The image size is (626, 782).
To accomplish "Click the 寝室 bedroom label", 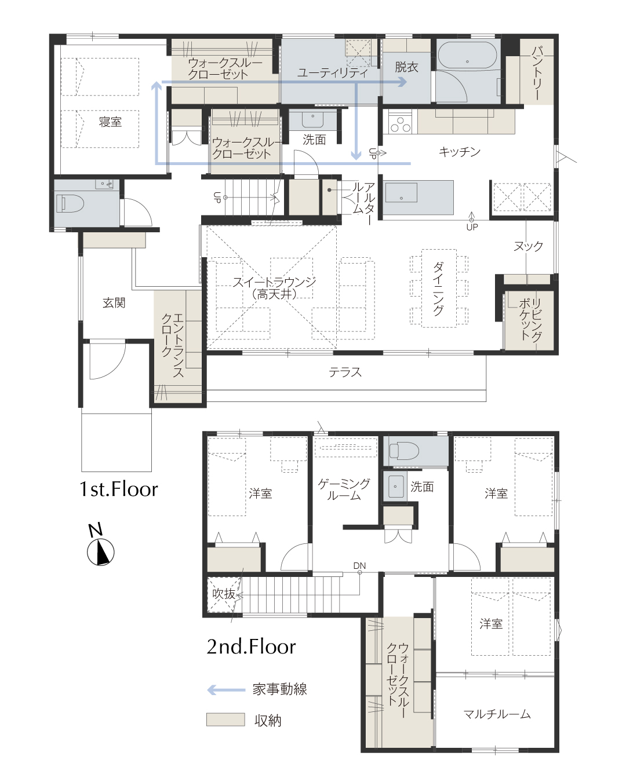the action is tap(110, 122).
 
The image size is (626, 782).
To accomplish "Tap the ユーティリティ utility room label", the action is tap(333, 72).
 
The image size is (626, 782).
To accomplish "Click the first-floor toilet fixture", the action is tap(70, 203).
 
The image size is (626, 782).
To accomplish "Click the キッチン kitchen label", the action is tap(460, 151).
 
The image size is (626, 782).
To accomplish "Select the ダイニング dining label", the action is tap(438, 289).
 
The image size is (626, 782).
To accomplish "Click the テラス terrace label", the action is tap(345, 372).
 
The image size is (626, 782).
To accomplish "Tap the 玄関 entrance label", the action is tap(114, 302).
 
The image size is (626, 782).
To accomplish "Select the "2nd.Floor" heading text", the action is tap(251, 646).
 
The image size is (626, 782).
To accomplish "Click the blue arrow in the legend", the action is tap(226, 689).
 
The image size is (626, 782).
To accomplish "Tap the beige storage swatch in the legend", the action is tap(225, 719).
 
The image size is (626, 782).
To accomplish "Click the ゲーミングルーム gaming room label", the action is tap(344, 489).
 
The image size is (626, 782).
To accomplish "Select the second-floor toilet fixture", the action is tap(404, 451).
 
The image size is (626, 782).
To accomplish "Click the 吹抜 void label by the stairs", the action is tap(224, 594).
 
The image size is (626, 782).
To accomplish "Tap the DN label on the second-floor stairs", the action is tap(359, 565).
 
